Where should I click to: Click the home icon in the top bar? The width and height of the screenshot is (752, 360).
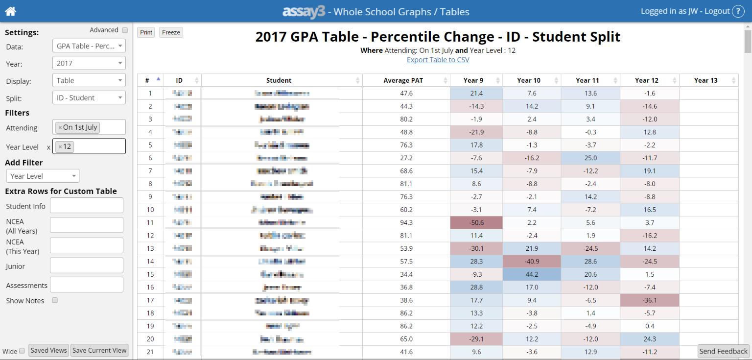point(10,11)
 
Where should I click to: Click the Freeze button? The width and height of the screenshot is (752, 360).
point(171,32)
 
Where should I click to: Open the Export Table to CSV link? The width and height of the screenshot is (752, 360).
point(438,60)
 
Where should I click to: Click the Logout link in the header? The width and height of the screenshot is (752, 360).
point(717,11)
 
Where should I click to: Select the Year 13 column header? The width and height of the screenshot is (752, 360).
point(705,80)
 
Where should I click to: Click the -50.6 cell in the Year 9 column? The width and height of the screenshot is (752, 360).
point(476,222)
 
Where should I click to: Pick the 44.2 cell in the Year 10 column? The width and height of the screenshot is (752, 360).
point(531,274)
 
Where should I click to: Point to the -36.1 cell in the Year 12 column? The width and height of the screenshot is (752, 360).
point(649,300)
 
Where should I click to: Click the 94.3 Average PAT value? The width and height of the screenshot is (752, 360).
point(406,222)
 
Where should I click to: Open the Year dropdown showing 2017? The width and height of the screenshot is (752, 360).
point(89,63)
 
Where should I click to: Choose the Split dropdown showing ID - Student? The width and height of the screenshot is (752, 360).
point(89,98)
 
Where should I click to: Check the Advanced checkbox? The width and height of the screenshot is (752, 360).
point(125,30)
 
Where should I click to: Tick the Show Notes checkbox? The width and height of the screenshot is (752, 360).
point(55,300)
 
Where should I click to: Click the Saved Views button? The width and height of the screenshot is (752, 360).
point(48,350)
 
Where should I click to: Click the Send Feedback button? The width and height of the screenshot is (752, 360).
point(723,351)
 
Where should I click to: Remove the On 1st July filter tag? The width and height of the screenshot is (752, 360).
point(60,127)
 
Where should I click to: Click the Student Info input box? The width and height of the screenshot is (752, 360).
point(86,206)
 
